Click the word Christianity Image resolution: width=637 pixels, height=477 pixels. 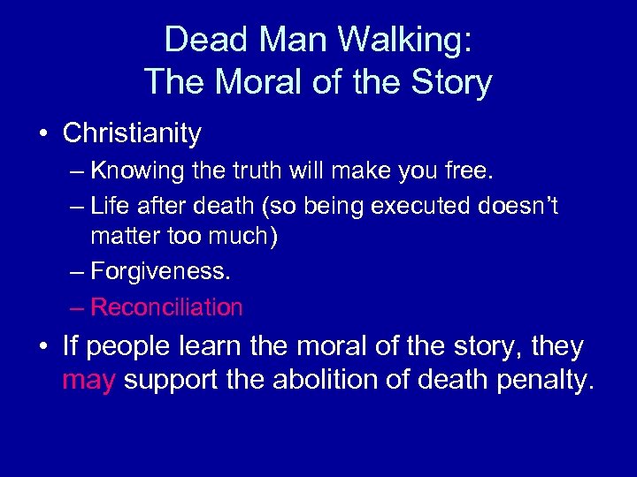pyautogui.click(x=133, y=133)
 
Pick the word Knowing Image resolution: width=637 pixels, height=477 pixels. pyautogui.click(x=133, y=170)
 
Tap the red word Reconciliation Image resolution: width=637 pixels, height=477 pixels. pyautogui.click(x=166, y=307)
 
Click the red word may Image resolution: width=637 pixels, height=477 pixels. pyautogui.click(x=88, y=382)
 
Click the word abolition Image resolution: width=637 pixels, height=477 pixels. pyautogui.click(x=330, y=381)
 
